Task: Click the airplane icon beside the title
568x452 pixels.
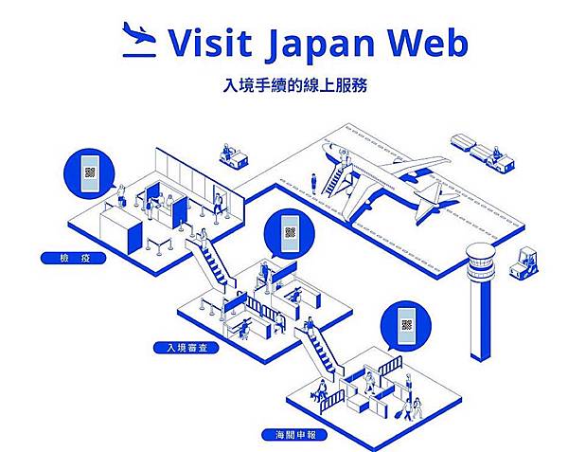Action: [x=139, y=40]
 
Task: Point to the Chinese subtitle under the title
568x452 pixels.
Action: [x=289, y=84]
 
